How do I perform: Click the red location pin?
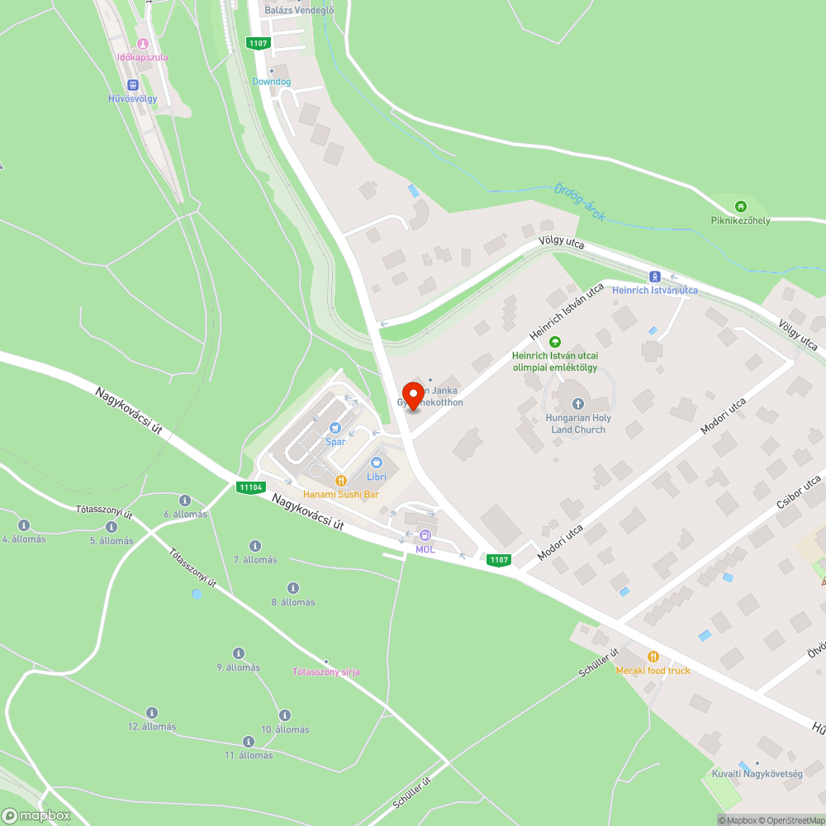412,396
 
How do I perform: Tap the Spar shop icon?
335,427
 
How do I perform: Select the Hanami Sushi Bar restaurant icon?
339,481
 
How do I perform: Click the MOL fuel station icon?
425,535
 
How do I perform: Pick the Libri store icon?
377,463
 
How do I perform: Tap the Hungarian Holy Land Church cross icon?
578,404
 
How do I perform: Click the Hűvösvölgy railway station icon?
132,85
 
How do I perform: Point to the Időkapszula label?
143,57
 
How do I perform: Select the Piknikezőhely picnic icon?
741,206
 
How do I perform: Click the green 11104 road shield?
249,487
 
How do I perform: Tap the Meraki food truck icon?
653,657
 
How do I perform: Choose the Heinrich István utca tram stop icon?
655,277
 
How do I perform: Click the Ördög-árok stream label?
580,202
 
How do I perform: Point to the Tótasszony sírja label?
326,672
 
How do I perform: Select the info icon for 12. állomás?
152,713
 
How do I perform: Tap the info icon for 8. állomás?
293,588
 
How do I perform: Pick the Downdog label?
271,82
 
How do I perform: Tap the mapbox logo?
36,815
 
